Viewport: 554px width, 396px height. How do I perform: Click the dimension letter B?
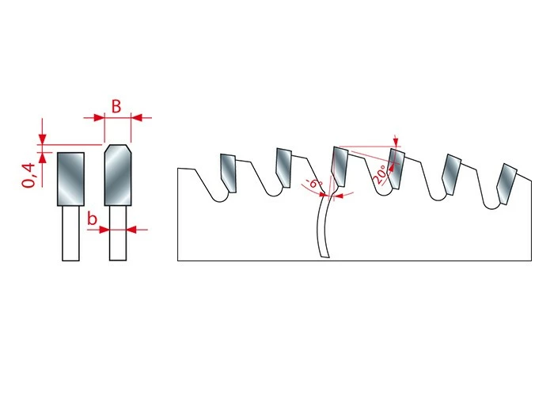tap(116, 106)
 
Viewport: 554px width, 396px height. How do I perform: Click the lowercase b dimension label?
tap(92, 219)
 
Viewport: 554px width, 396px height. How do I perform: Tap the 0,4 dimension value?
tap(29, 175)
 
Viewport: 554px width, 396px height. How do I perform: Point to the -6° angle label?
tap(313, 185)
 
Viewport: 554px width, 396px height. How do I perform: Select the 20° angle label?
tap(379, 174)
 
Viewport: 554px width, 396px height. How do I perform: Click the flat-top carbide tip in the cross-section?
tap(70, 179)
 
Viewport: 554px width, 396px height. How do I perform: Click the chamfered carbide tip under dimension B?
tap(118, 175)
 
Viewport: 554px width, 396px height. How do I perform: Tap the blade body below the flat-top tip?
tap(70, 234)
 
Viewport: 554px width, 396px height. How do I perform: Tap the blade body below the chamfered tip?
tap(118, 234)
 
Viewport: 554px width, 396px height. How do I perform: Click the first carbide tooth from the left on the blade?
tap(228, 173)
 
